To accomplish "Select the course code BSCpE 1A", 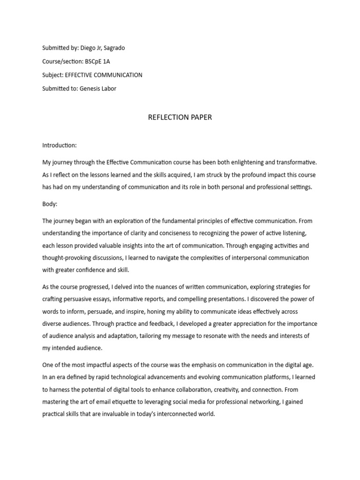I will tap(98, 61).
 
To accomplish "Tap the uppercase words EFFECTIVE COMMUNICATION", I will tap(104, 75).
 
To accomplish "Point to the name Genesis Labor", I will tap(98, 89).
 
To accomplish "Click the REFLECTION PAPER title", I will tap(180, 117).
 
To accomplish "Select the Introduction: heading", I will tap(60, 146).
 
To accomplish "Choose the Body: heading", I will tap(50, 205).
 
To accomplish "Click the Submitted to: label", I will tap(60, 89).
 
